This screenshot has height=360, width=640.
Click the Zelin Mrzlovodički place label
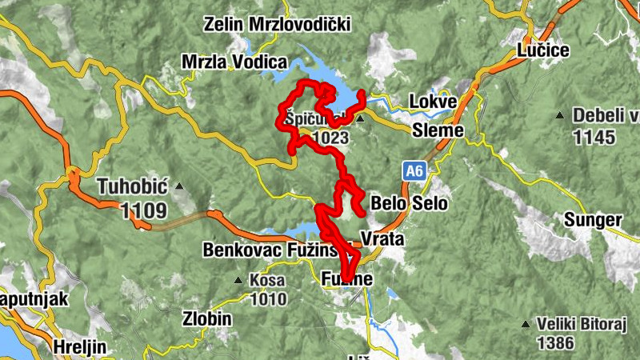pos(278,24)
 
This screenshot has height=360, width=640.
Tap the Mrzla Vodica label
pos(234,62)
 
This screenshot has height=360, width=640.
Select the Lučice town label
pos(543,50)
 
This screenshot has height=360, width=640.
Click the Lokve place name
pos(432,102)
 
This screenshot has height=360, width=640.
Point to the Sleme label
pos(438,130)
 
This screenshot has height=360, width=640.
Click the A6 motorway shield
pos(413,170)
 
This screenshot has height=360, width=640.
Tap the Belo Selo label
pos(410,203)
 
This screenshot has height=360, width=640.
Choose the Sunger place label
pos(592,219)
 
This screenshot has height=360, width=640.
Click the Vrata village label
pos(382,239)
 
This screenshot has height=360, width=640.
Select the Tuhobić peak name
pos(131,187)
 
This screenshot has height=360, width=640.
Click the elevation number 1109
pos(144,211)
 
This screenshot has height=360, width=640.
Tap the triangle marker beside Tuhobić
pos(179,187)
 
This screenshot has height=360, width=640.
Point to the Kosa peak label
pos(267,281)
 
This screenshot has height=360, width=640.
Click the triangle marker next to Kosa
pos(238,281)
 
